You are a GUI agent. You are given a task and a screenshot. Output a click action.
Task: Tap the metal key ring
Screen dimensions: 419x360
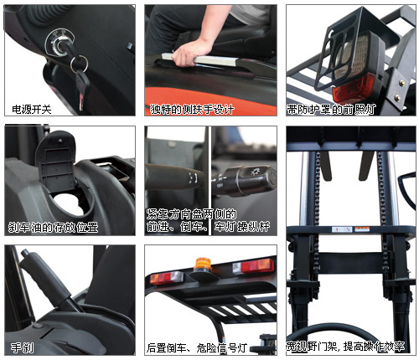pyautogui.click(x=79, y=64)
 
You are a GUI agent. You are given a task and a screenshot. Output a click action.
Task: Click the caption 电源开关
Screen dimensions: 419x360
pyautogui.click(x=32, y=110)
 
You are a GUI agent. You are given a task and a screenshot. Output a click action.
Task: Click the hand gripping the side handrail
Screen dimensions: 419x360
pyautogui.click(x=188, y=54)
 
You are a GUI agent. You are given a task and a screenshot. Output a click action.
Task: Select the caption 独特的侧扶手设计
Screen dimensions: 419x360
pyautogui.click(x=192, y=109)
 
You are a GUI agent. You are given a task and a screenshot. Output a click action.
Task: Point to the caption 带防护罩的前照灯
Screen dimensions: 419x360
pyautogui.click(x=331, y=110)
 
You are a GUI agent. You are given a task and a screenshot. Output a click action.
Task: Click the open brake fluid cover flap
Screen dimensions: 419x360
pyautogui.click(x=57, y=162)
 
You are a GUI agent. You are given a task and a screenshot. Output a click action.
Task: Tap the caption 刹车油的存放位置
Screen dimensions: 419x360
pyautogui.click(x=53, y=228)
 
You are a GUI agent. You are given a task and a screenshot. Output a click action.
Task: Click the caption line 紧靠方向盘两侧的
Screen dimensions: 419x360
pyautogui.click(x=191, y=214)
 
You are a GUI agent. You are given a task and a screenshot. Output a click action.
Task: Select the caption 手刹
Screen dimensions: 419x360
pyautogui.click(x=22, y=348)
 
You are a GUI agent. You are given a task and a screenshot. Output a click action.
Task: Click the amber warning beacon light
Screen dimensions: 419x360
pyautogui.click(x=203, y=265)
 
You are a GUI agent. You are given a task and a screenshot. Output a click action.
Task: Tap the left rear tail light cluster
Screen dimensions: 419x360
pyautogui.click(x=167, y=278)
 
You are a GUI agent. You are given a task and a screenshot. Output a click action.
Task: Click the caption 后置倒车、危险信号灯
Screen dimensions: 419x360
pyautogui.click(x=197, y=348)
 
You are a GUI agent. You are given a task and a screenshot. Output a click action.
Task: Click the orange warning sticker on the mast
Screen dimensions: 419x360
pyautogui.click(x=362, y=229)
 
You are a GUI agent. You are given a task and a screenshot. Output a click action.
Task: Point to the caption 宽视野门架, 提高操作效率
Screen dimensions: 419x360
pyautogui.click(x=345, y=347)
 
